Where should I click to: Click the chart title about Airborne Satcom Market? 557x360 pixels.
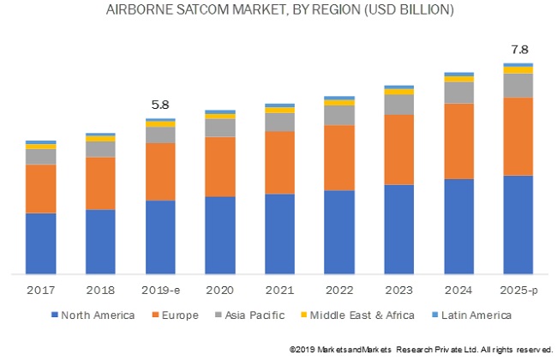coord(280,11)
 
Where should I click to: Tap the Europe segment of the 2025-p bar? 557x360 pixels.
coord(518,136)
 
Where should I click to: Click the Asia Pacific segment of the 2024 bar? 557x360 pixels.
coord(458,92)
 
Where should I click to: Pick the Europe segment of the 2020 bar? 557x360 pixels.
coord(220,166)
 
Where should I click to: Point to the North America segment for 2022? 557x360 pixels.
coord(339,231)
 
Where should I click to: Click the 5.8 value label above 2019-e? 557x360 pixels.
coord(160,105)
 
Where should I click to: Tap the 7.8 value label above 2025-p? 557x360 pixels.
coord(518,49)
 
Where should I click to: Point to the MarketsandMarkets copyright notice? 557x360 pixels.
coord(421,348)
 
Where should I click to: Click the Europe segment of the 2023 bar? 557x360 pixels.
coord(399,149)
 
